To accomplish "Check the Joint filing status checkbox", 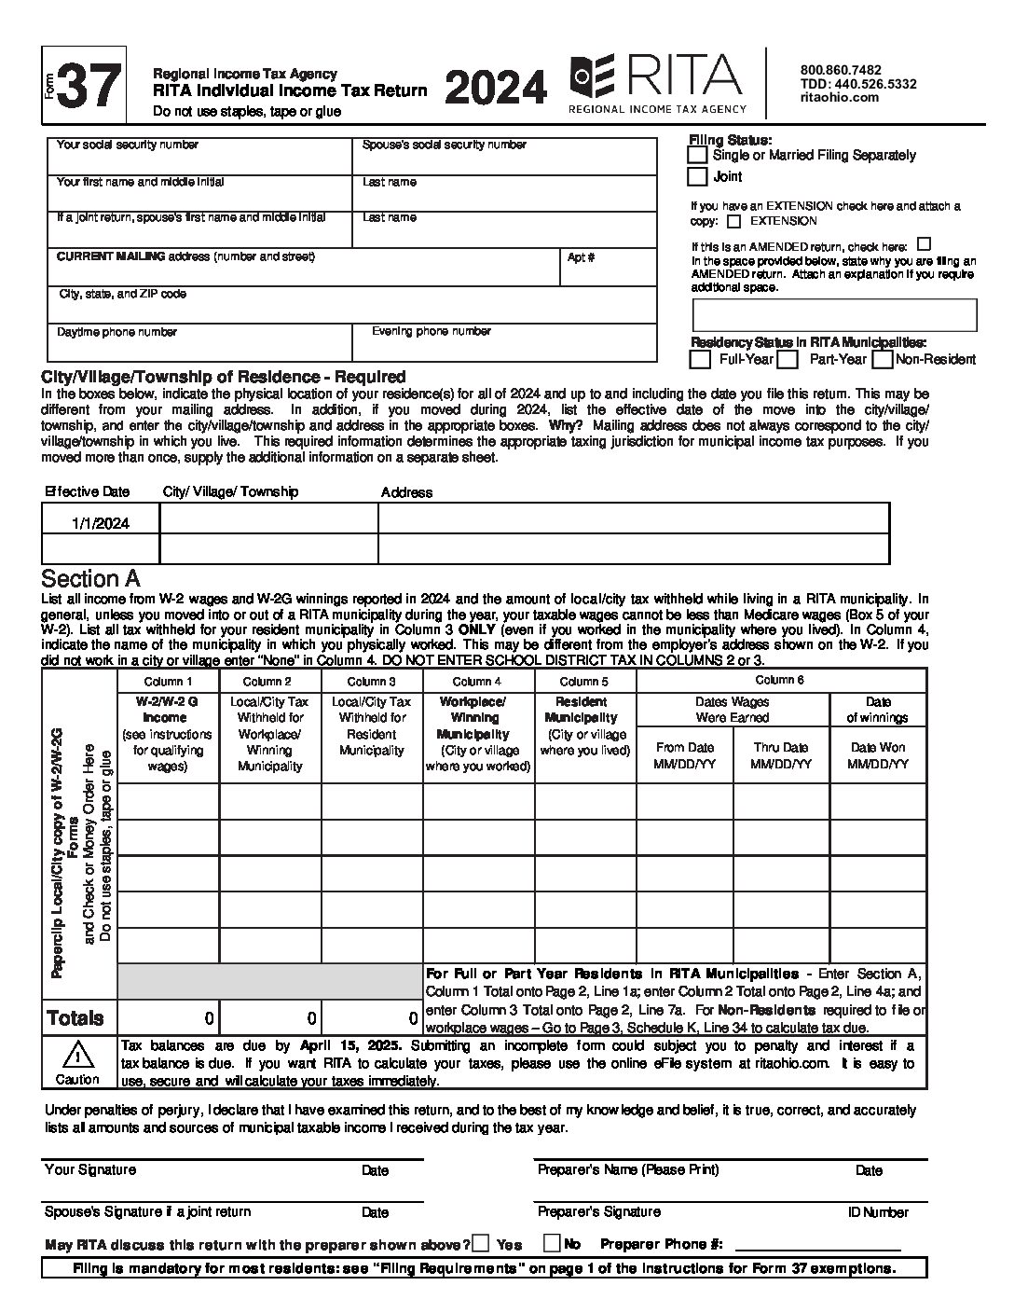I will click(697, 176).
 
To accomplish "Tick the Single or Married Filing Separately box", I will click(697, 155).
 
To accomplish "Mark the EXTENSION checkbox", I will click(734, 222).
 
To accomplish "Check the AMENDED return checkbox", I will click(924, 245).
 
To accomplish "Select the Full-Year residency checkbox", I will click(700, 359).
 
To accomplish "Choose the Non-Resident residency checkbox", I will click(882, 359).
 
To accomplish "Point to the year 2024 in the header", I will click(496, 89).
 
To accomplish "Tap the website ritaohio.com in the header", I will click(840, 97).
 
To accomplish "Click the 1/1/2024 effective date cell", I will click(101, 523).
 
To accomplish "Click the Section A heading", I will click(90, 579).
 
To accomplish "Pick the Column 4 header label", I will click(477, 682).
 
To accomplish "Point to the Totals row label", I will click(75, 1018).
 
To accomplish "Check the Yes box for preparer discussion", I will click(481, 1243).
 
